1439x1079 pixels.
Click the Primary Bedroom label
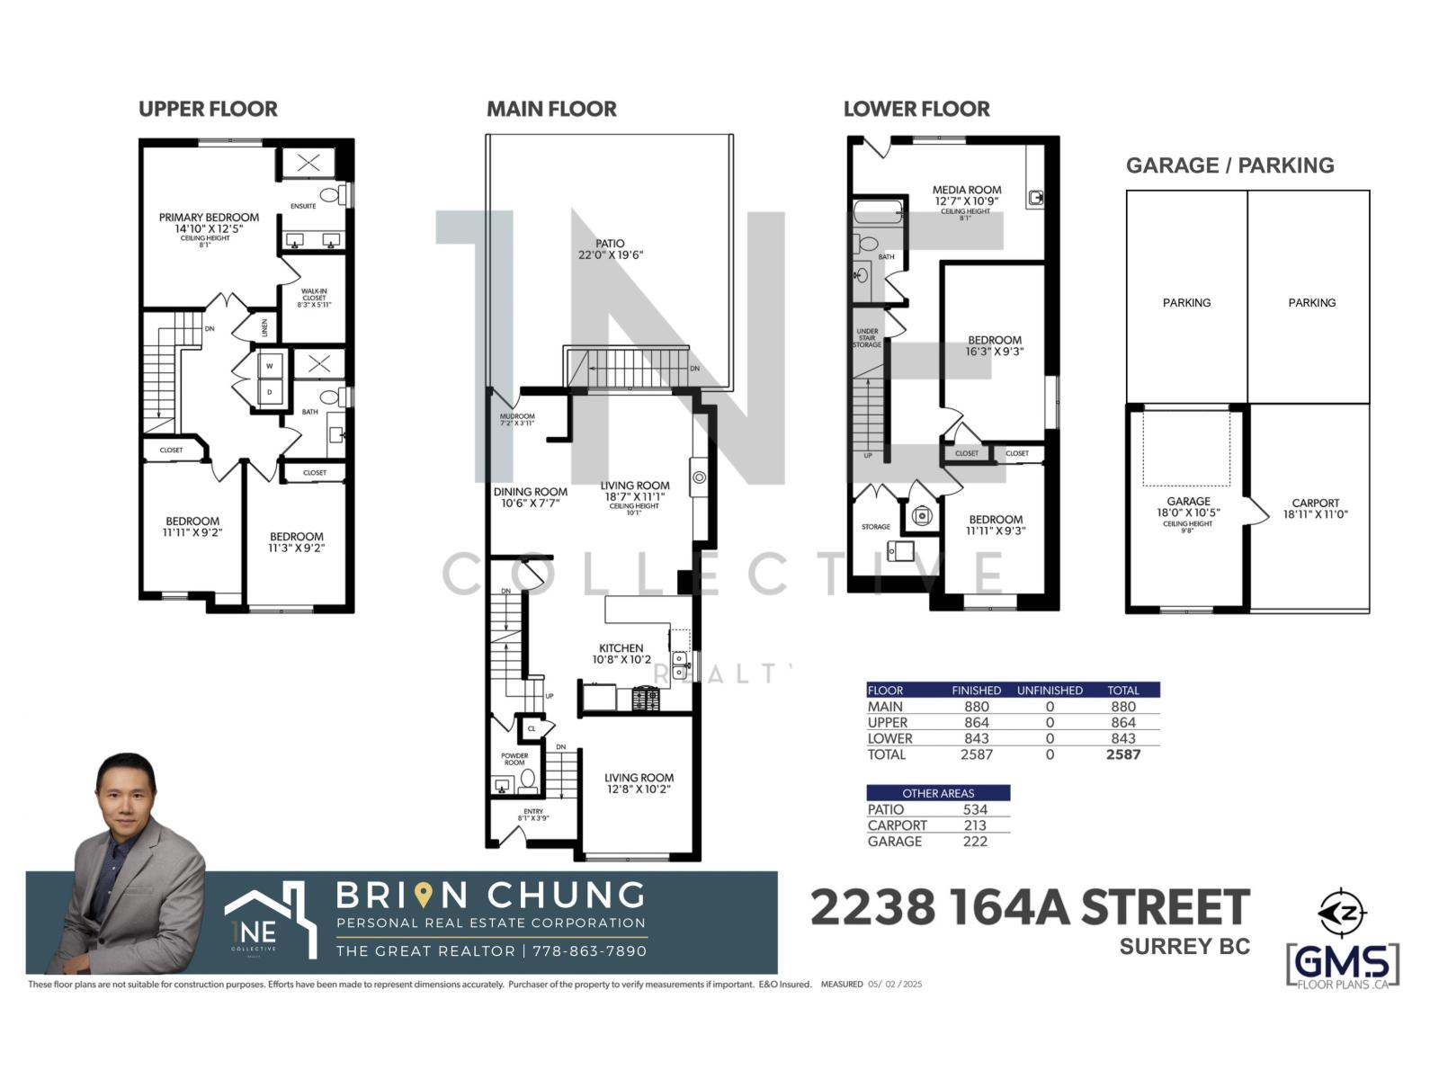coord(209,218)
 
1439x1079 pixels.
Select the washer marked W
coord(269,366)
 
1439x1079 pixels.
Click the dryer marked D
coord(269,392)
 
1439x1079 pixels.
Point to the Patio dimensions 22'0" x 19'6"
coord(611,255)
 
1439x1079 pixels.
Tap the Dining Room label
coord(530,492)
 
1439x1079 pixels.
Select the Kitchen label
coord(621,648)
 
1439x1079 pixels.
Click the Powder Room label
coord(514,759)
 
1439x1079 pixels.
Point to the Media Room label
coord(966,190)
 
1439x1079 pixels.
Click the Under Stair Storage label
coord(867,338)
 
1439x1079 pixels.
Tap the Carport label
coord(1315,504)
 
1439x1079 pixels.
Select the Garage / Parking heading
coord(1229,165)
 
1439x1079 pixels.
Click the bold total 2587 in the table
coord(1122,754)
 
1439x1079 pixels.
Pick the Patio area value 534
coord(975,809)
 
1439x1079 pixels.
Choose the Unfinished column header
coord(1050,691)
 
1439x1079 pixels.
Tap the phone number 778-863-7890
coord(589,951)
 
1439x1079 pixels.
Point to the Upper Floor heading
coord(208,110)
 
